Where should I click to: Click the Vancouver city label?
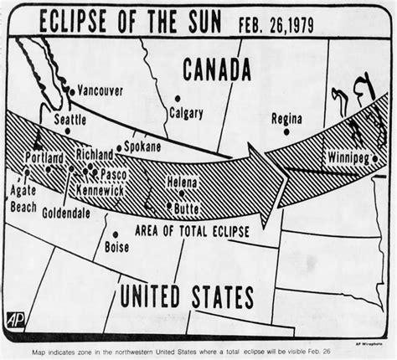tap(101, 90)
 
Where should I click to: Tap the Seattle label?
tap(70, 119)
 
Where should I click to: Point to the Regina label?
tap(286, 119)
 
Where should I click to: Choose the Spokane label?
tap(142, 146)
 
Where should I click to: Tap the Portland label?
tap(45, 158)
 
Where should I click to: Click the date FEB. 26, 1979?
tap(287, 20)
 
